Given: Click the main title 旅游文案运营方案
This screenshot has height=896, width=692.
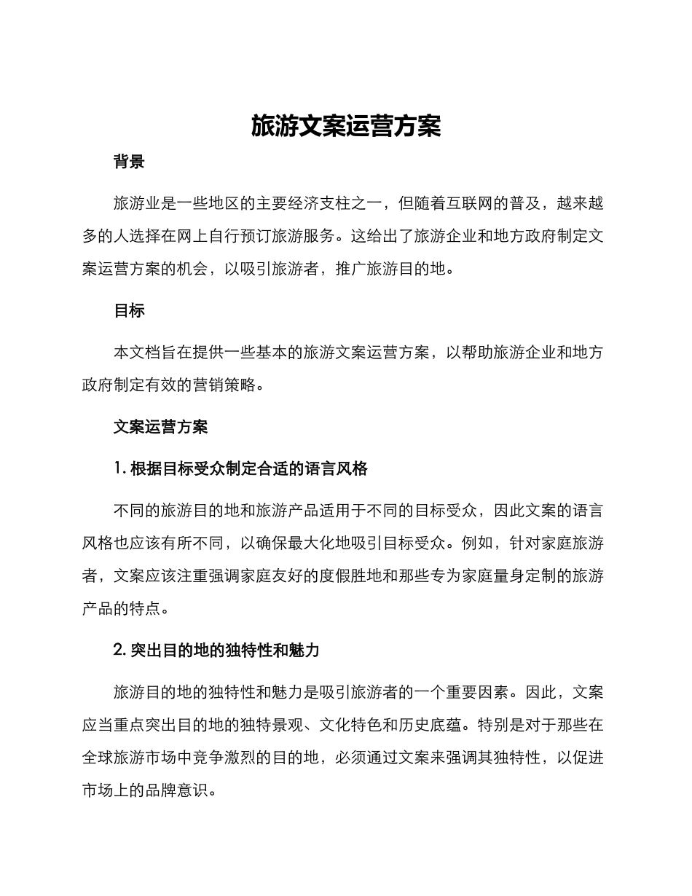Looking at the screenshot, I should [x=346, y=125].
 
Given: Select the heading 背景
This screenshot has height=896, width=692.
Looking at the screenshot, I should [x=129, y=162].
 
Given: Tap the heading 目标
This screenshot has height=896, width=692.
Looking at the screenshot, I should [x=129, y=310].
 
